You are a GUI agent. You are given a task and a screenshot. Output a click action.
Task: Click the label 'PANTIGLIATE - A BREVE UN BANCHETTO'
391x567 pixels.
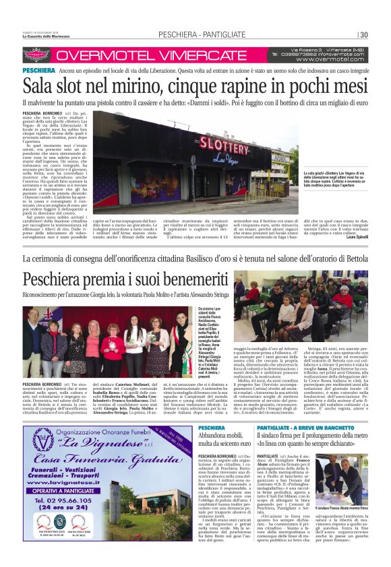299,428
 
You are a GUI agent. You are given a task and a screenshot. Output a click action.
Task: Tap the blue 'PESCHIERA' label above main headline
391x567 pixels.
38,70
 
